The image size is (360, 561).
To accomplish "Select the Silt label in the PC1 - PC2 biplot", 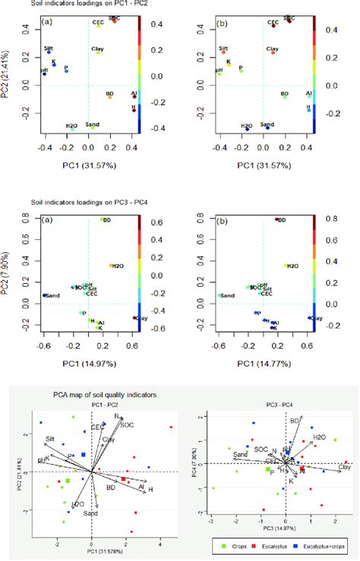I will tap(49, 439).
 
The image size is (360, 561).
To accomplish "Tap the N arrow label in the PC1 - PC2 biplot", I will tap(115, 416).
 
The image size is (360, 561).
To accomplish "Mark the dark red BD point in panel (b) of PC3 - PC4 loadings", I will tap(276, 219).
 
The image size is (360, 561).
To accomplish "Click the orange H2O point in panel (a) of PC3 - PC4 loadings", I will tap(111, 266).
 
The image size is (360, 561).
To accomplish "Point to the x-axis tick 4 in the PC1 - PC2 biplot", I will tap(159, 544).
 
